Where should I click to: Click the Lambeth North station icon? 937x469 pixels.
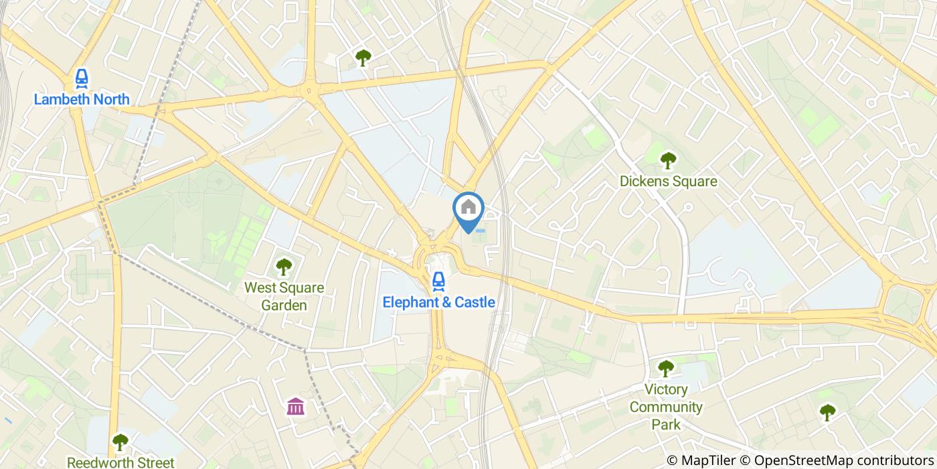point(82,79)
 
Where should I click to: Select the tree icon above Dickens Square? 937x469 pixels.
point(667,160)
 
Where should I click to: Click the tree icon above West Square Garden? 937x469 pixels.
point(284,267)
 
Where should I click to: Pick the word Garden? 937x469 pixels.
point(284,306)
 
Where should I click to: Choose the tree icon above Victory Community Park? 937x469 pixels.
point(665,368)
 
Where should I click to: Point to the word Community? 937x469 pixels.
point(666,407)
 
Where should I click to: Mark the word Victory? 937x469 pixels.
point(666,389)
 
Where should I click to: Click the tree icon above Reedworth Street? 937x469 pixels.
point(120,442)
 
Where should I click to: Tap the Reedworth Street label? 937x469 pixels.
point(120,462)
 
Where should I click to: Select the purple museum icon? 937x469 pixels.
point(295,406)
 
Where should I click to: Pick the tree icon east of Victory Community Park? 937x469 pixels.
point(828,412)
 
